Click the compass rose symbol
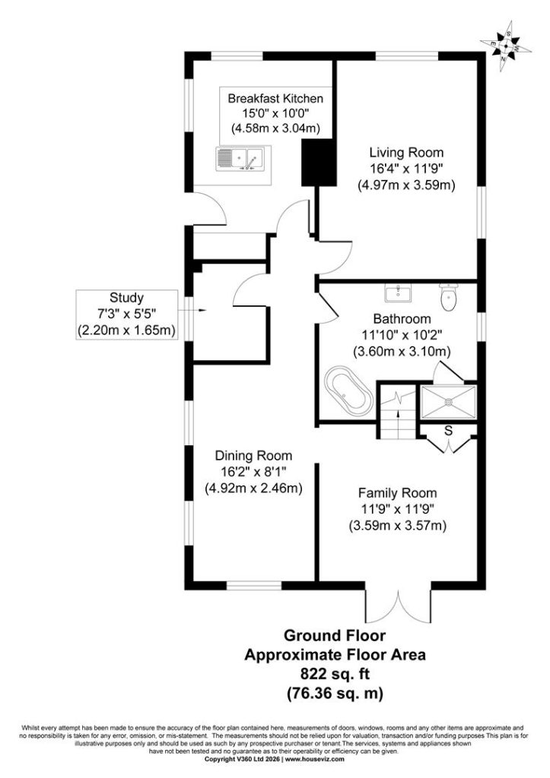coord(505,45)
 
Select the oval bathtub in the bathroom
coord(348,391)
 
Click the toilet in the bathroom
coord(450,297)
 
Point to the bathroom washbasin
coord(398,293)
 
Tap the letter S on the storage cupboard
coord(449,431)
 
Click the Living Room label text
coord(406,152)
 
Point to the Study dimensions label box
coord(127,315)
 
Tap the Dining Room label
coord(253,456)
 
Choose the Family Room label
coord(397,493)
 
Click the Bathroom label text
coord(402,318)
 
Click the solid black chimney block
coord(320,163)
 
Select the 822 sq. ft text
coord(335,674)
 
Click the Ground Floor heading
coord(335,635)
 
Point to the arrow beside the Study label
coord(191,311)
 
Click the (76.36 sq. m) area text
coord(335,693)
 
